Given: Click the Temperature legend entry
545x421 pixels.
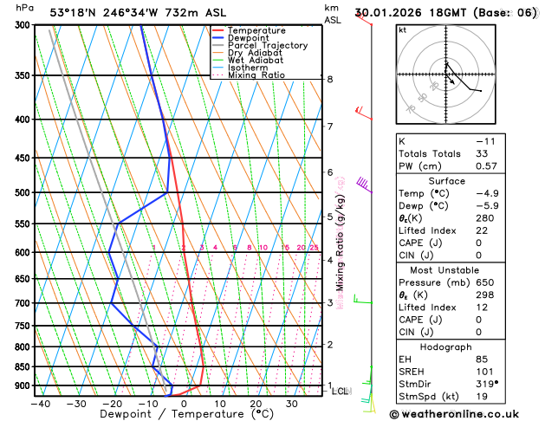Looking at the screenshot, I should pyautogui.click(x=255, y=30).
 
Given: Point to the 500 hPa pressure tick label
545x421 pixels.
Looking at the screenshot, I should pyautogui.click(x=23, y=192).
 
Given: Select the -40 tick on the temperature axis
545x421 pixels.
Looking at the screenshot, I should pyautogui.click(x=40, y=404).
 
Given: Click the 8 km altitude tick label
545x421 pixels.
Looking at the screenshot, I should pyautogui.click(x=330, y=80).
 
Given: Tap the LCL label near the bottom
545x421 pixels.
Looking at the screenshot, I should pyautogui.click(x=341, y=392).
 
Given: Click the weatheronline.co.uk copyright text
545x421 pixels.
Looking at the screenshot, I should pyautogui.click(x=467, y=414).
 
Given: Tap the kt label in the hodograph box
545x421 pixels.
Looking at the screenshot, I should pyautogui.click(x=402, y=29).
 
